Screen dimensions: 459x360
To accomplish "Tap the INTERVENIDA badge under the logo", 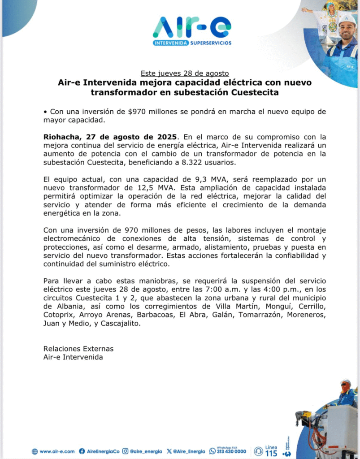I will point(170,43).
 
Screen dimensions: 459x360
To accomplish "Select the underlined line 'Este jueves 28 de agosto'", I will point(185,73).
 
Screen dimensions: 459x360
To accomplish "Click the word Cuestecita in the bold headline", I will point(255,93).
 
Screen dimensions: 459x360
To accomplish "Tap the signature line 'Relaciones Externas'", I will point(78,348).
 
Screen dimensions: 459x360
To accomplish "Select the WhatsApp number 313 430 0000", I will point(231,452).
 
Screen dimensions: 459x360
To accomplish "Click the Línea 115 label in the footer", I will point(271,451).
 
